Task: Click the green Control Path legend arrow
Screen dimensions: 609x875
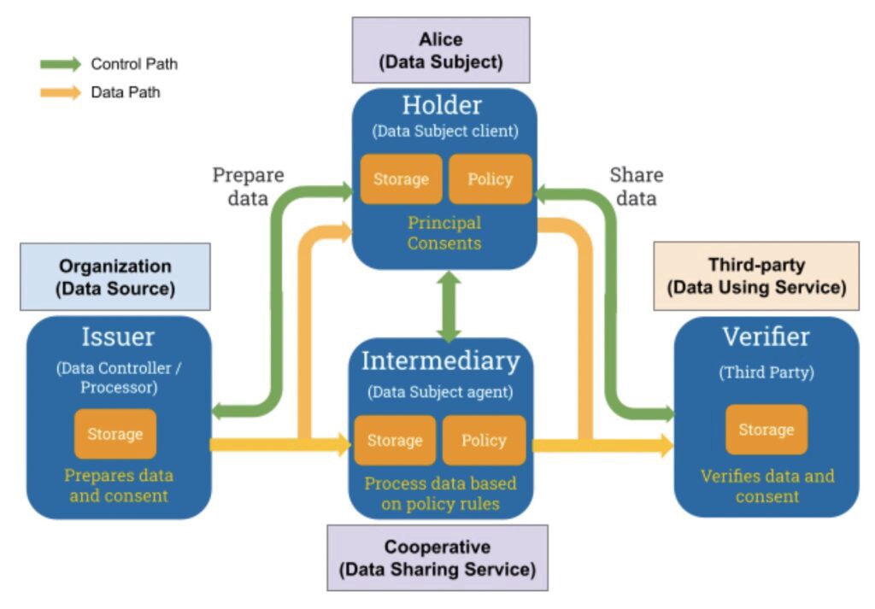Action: click(x=59, y=65)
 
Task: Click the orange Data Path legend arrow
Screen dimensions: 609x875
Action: click(x=59, y=92)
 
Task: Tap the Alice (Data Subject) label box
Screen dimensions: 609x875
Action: click(x=441, y=50)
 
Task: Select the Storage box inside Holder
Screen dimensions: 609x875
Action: click(x=401, y=179)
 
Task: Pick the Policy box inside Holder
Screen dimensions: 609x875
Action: click(x=490, y=179)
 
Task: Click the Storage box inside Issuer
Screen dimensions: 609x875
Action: click(x=115, y=434)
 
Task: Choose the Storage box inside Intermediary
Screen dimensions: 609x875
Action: click(x=395, y=441)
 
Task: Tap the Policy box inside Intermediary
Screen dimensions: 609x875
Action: click(x=484, y=441)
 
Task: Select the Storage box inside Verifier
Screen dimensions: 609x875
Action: click(x=766, y=430)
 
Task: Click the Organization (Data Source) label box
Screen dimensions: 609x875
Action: click(x=115, y=277)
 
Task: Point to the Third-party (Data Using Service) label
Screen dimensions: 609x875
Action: click(x=756, y=276)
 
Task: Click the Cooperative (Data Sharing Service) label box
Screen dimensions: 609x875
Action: click(x=437, y=557)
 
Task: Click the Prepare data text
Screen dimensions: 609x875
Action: click(x=248, y=186)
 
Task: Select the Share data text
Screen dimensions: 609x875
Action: click(x=636, y=186)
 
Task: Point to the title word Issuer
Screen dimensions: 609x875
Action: click(x=118, y=337)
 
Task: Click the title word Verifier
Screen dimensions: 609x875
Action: click(x=766, y=337)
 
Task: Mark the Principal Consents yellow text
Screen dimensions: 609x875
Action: click(x=444, y=232)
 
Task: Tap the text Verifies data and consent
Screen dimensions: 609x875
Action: click(x=766, y=485)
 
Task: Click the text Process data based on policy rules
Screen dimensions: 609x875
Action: click(x=440, y=494)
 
